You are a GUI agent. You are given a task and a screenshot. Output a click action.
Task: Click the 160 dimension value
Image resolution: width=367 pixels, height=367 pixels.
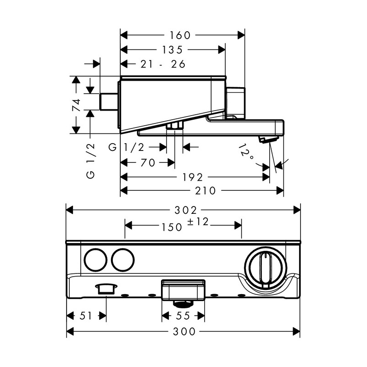pos(180,35)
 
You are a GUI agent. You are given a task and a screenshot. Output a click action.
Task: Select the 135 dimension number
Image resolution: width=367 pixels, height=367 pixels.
pos(172,50)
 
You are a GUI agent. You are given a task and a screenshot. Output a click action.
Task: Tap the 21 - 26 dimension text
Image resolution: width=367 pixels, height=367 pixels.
pos(163,64)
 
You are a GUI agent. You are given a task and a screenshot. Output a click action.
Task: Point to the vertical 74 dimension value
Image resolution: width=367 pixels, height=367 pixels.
pos(76,105)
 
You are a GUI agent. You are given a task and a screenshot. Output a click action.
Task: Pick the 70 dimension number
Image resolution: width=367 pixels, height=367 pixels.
pos(148,162)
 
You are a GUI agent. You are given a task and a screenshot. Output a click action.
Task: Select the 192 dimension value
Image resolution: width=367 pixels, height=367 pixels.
pos(192,177)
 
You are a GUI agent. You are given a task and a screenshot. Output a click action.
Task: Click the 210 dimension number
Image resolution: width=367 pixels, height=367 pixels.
pos(205,190)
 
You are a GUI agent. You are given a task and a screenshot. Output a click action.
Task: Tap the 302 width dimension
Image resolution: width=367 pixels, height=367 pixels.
pos(186,210)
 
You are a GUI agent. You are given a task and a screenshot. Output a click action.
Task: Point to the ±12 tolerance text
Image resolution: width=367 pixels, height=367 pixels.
pos(198,222)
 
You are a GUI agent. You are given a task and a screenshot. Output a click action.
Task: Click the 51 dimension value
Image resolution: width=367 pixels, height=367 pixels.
pos(86,316)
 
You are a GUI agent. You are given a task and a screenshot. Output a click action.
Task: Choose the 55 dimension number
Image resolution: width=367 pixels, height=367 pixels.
pos(183,316)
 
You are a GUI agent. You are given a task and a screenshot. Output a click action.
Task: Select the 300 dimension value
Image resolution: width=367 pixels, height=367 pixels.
pos(184,331)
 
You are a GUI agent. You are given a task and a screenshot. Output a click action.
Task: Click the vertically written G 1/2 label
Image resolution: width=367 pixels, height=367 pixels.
pos(91,161)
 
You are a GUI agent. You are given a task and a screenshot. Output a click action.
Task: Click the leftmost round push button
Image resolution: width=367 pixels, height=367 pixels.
pos(95,260)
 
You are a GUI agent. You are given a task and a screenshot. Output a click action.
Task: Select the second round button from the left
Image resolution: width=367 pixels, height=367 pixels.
pos(122,260)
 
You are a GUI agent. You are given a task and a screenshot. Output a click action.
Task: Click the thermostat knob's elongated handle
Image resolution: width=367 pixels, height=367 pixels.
pos(265,270)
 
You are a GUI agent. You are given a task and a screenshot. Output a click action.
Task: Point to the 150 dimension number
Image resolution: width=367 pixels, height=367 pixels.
pos(172,227)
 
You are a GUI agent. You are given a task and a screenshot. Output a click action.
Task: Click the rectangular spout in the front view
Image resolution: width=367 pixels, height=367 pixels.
pos(183,290)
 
